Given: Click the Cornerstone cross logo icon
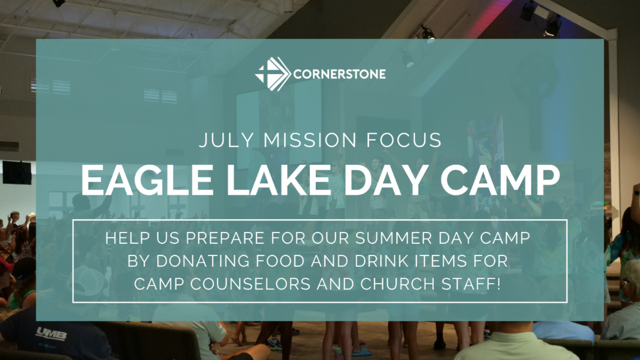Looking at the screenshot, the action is click(273, 74).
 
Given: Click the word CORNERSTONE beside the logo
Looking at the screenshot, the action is click(339, 74).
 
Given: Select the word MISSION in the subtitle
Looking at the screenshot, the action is click(310, 140).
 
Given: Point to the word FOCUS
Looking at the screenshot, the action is click(404, 140).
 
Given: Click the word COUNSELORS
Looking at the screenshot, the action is click(250, 284).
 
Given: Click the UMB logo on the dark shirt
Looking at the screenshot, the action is click(51, 333).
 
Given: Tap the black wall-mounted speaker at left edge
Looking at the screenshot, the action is click(17, 172).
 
